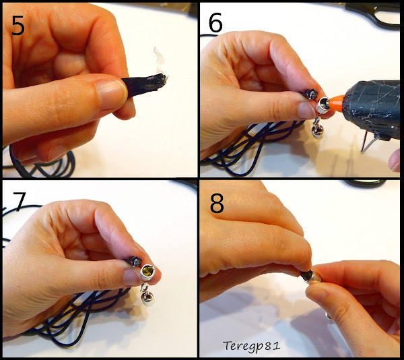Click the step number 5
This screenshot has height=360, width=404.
pos(18,26)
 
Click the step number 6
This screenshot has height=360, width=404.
pos(215,22)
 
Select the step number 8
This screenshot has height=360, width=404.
pos(217,204)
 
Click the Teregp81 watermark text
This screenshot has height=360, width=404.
pos(251,346)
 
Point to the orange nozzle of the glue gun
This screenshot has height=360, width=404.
pos(336,103)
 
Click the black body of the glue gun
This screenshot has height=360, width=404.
pos(373,109)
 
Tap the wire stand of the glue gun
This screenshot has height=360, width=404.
pos(367,142)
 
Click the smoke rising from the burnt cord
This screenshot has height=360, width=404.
pos(160,61)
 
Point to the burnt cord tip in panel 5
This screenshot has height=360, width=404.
pos(159,79)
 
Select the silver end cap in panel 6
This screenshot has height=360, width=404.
pos(323,105)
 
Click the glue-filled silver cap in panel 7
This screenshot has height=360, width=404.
pos(147,272)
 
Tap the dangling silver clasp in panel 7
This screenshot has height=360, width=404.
pos(146,295)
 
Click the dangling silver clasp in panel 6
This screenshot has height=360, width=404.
pos(317,128)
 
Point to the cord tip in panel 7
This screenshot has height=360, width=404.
pos(136,261)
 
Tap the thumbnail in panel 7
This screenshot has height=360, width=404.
pos(132,277)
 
